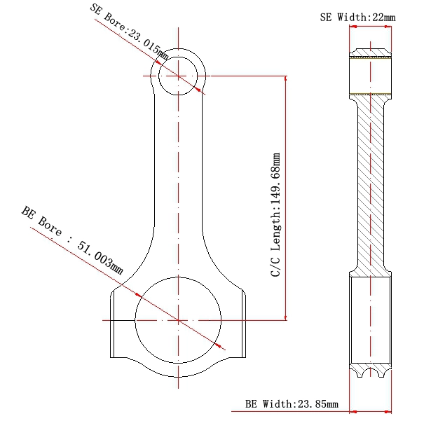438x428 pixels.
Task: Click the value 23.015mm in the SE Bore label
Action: [x=147, y=44]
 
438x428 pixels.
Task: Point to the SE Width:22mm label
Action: [x=358, y=18]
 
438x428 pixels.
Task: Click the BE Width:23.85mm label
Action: [x=292, y=404]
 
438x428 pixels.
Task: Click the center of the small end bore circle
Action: [x=178, y=76]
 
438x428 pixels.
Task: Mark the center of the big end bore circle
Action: [x=178, y=320]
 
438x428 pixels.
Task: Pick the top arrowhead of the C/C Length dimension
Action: [x=285, y=78]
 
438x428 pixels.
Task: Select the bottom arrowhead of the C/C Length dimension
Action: [x=285, y=317]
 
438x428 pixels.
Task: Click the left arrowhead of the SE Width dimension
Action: [x=353, y=27]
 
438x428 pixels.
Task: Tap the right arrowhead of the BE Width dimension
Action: [x=388, y=411]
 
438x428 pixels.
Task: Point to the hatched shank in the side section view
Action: [x=371, y=184]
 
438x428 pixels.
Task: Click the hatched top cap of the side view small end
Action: [x=371, y=53]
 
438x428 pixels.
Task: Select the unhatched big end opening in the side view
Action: [x=371, y=320]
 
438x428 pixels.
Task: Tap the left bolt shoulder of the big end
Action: [x=112, y=324]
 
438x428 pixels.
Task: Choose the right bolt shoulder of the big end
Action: [x=244, y=324]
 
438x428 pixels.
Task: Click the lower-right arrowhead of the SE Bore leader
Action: [x=198, y=89]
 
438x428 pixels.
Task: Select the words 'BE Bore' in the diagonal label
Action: [x=41, y=221]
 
